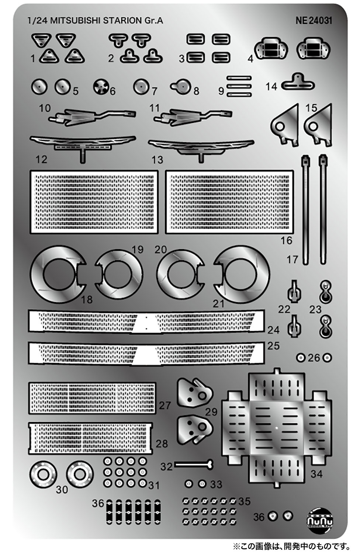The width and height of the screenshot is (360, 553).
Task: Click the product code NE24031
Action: [x=314, y=21]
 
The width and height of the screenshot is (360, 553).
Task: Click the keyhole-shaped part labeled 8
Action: [x=181, y=86]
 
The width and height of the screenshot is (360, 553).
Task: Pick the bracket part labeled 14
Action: [x=298, y=82]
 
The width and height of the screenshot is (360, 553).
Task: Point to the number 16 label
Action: [x=286, y=240]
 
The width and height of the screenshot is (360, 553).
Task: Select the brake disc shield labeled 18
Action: [x=58, y=274]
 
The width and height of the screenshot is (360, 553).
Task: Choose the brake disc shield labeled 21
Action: [x=242, y=274]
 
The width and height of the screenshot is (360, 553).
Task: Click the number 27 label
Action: [x=165, y=406]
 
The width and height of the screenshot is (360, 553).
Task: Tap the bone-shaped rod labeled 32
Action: [x=194, y=465]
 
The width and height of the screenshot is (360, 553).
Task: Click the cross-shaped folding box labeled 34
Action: [x=277, y=428]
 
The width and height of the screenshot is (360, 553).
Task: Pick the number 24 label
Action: [x=273, y=330]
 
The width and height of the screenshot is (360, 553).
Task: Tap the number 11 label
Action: [x=155, y=108]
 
